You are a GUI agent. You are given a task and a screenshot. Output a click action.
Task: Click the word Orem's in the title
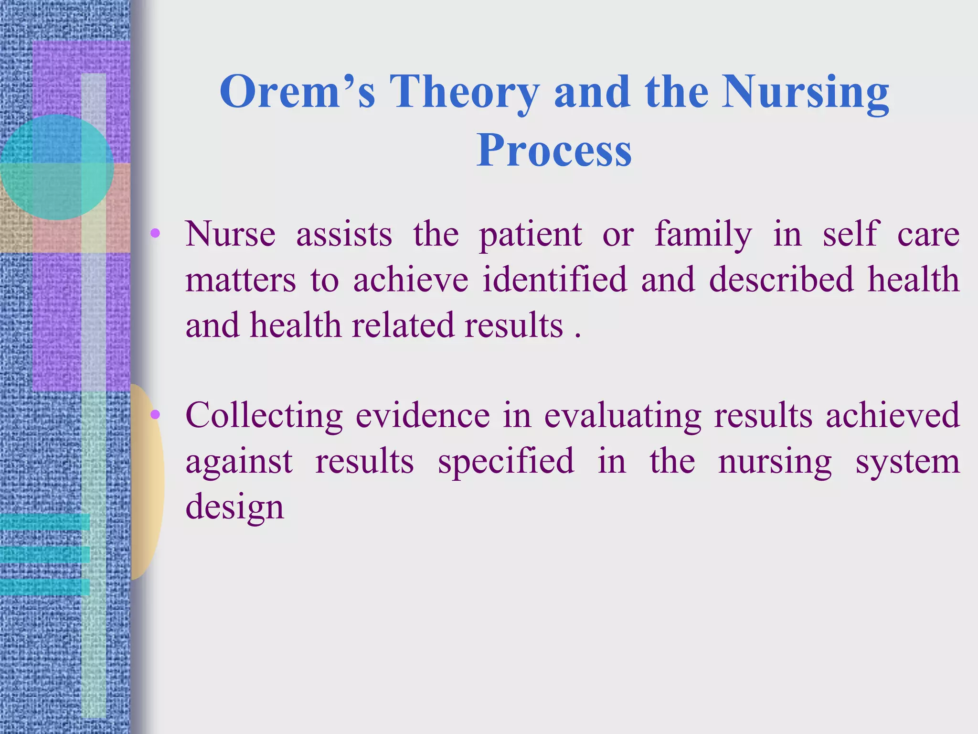coord(297,92)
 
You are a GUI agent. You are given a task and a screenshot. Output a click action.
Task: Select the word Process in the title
coord(554,151)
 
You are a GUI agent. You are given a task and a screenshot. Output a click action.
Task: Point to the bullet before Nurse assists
coord(155,234)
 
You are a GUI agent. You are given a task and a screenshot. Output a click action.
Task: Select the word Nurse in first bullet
coord(230,234)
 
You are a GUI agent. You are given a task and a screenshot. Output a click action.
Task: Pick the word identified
coord(554,280)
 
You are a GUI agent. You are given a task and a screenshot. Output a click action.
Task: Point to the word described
coord(781,280)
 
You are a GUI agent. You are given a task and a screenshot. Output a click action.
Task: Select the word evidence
coord(423,415)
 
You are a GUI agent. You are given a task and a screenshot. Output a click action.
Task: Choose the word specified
coord(506,462)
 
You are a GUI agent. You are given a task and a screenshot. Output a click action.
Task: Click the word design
coord(234,507)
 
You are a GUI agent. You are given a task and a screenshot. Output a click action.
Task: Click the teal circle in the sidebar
coord(56,167)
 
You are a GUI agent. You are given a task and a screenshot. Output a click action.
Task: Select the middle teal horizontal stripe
coord(45,554)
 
